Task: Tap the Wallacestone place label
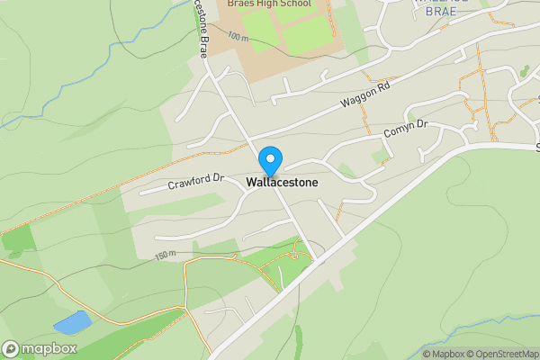click(x=282, y=181)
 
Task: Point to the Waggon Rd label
click(x=368, y=97)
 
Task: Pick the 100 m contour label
click(x=238, y=37)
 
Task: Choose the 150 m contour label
click(x=166, y=256)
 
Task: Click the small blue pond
click(x=73, y=320)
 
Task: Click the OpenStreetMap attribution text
click(x=502, y=354)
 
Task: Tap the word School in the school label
click(x=294, y=4)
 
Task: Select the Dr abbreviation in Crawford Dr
click(x=215, y=177)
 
